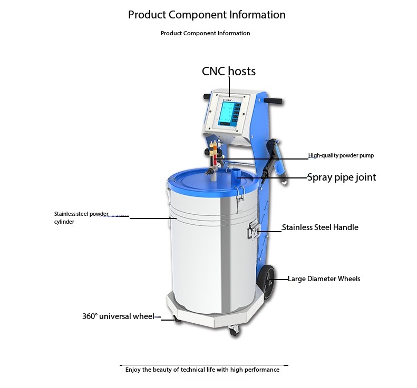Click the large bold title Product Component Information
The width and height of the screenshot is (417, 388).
pos(207,15)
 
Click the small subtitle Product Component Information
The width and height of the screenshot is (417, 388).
pos(205,33)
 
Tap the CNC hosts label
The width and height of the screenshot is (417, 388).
pos(229,71)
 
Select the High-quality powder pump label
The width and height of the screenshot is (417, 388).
pos(341,156)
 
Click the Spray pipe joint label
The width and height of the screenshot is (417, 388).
pos(342,177)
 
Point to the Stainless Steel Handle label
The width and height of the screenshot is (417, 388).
pos(320,227)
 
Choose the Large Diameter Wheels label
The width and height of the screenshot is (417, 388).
pos(324,278)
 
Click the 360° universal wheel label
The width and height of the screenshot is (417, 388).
pos(118,316)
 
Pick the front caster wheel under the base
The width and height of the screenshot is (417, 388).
pos(233,331)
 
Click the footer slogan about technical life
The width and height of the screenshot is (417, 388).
pos(202,370)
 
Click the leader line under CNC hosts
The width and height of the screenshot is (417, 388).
pos(229,87)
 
